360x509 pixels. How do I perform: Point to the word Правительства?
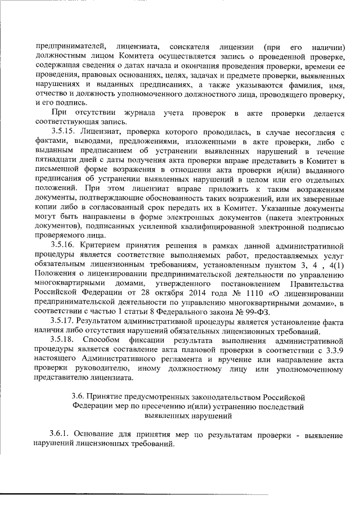[x=321, y=284]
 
